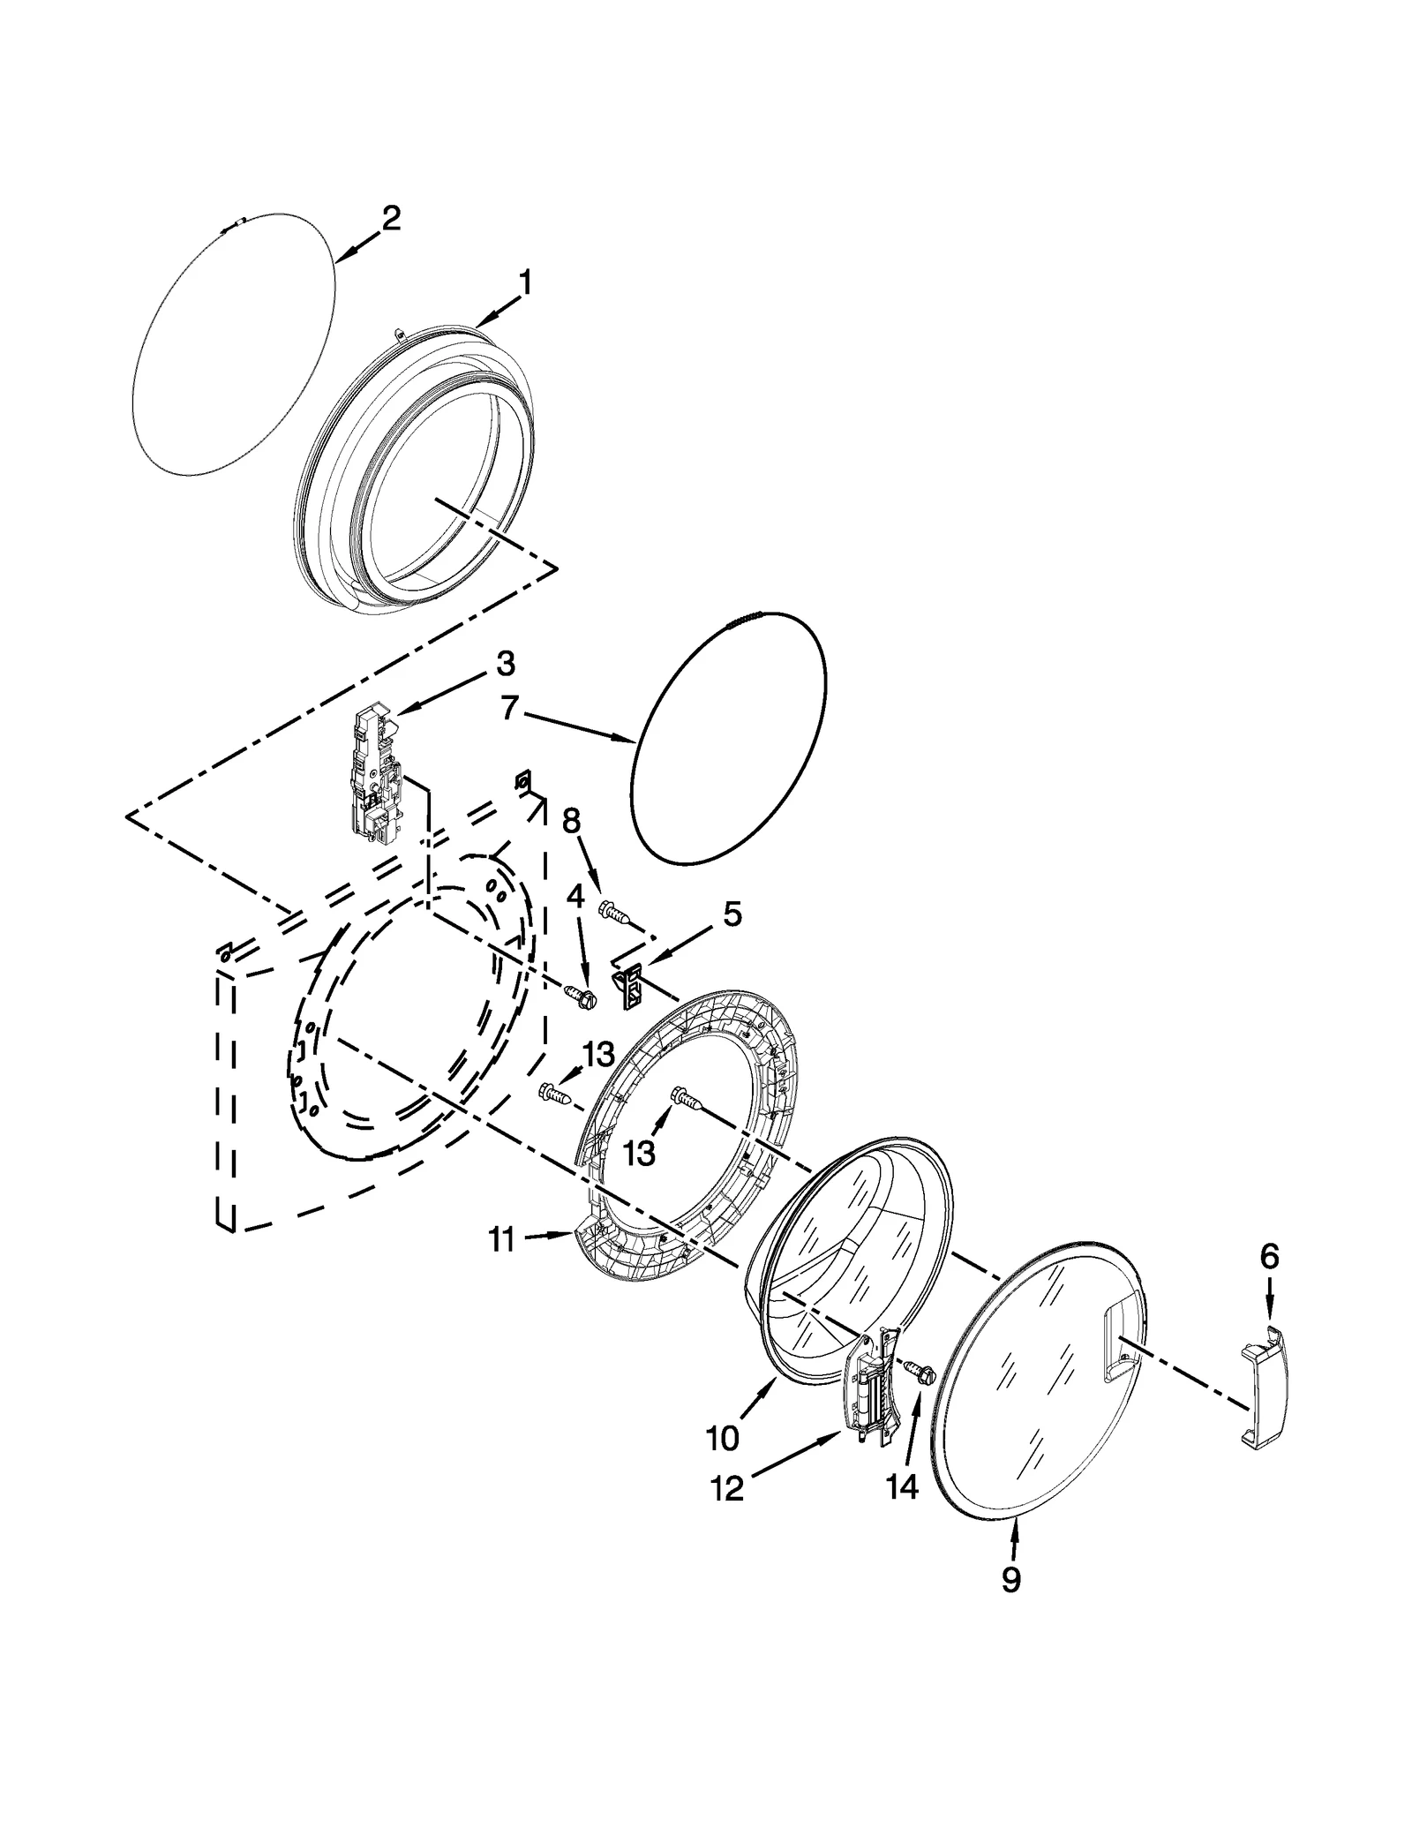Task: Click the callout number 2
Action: [391, 218]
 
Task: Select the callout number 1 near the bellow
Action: [525, 284]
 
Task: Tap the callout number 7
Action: [509, 709]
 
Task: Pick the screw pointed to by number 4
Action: [581, 995]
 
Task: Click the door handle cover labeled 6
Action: [1264, 1395]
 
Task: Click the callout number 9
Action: [1011, 1578]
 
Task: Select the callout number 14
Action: [903, 1486]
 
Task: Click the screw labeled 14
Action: [919, 1396]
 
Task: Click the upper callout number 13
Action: [597, 1054]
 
